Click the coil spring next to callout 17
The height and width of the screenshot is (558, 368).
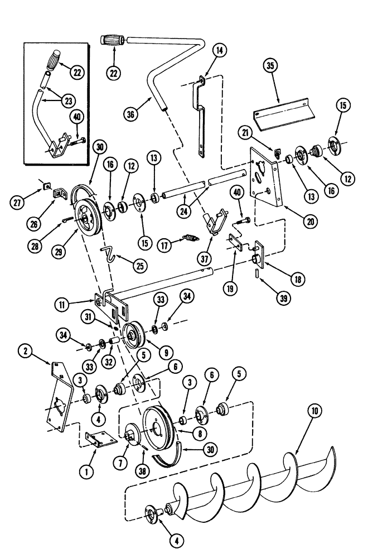190,239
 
